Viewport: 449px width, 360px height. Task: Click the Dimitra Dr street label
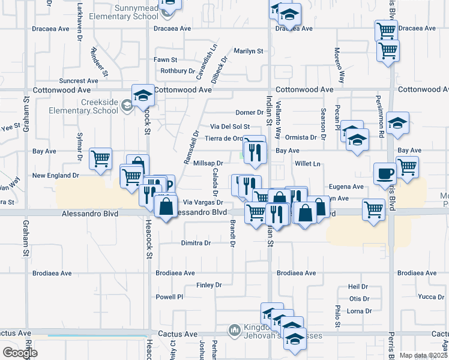tap(196, 243)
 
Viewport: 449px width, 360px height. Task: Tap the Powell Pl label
tap(169, 297)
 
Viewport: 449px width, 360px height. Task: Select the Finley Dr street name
tap(209, 285)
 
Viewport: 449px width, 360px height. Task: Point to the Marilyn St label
tap(249, 51)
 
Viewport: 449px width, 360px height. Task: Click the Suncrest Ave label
tap(78, 80)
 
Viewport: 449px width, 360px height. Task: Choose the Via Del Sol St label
tap(229, 127)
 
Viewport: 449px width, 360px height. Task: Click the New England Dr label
tap(56, 176)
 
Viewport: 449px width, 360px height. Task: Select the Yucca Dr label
tap(430, 296)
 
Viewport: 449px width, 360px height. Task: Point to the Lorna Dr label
tap(360, 311)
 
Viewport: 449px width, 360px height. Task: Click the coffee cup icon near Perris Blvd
tap(384, 173)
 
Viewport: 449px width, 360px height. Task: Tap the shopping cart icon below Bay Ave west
tap(100, 159)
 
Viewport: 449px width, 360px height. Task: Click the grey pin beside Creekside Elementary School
tap(127, 106)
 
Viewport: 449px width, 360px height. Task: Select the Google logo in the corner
tap(19, 353)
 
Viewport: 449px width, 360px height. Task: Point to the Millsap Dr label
tap(209, 163)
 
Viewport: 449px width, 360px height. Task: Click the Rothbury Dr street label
tap(173, 71)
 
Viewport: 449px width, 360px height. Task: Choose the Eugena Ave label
tap(346, 187)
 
